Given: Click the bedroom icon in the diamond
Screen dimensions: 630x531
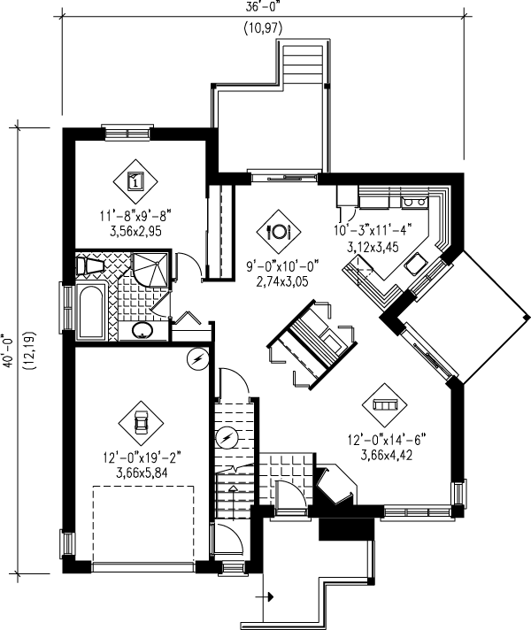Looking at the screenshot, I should pyautogui.click(x=136, y=181).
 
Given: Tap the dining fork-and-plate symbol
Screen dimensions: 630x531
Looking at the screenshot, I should pyautogui.click(x=276, y=231).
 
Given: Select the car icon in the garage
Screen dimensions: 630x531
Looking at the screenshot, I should pyautogui.click(x=139, y=421).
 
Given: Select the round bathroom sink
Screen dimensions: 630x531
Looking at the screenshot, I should pyautogui.click(x=142, y=332).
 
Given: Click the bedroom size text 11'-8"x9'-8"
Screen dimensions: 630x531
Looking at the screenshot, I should pyautogui.click(x=135, y=215).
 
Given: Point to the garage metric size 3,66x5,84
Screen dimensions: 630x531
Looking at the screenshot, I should pyautogui.click(x=139, y=473).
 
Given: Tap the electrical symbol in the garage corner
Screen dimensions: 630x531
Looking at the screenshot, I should pyautogui.click(x=197, y=358).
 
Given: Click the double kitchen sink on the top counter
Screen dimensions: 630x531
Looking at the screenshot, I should pyautogui.click(x=412, y=202).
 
